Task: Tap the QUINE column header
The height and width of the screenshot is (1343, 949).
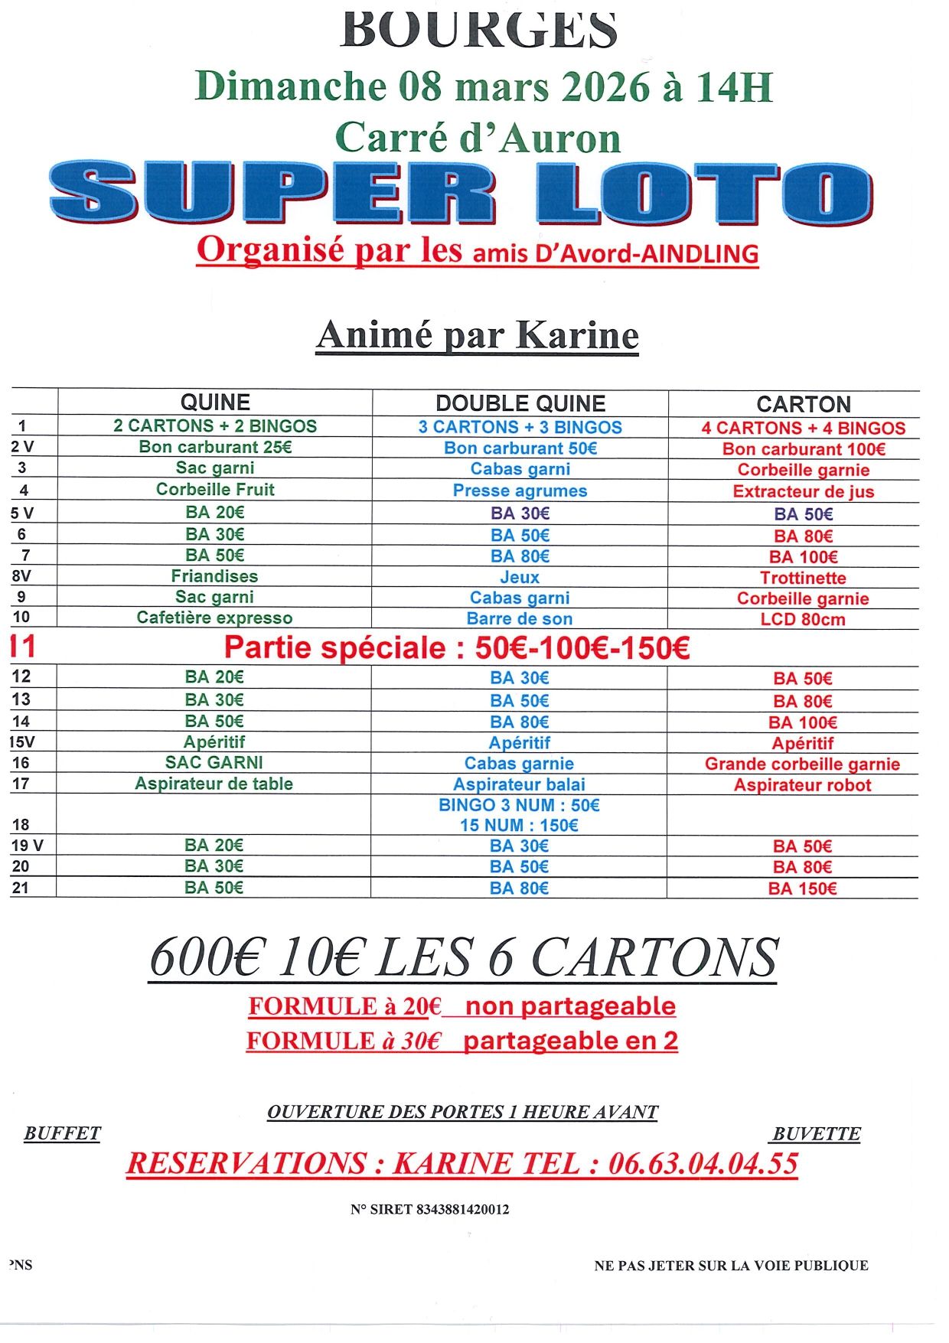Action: pos(215,403)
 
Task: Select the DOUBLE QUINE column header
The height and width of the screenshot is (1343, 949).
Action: pos(520,403)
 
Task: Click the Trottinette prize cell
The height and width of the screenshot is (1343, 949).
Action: pos(803,578)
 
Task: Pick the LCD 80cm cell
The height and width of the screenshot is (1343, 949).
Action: pos(803,619)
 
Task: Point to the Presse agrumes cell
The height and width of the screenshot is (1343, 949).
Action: pos(520,491)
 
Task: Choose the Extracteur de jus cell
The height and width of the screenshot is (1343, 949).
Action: pos(803,491)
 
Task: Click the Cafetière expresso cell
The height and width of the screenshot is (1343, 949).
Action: pos(215,618)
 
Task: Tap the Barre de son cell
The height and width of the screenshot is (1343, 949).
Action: pos(520,618)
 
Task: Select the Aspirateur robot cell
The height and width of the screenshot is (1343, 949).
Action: pos(802,784)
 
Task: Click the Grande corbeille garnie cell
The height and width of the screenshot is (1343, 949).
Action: pos(802,764)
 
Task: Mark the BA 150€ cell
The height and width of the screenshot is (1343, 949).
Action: pos(802,888)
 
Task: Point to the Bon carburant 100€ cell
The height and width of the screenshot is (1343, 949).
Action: pos(803,449)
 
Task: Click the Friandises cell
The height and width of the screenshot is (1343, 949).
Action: pos(215,576)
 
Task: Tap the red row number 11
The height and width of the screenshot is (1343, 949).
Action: pos(23,647)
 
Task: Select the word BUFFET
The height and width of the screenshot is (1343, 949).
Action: pos(62,1133)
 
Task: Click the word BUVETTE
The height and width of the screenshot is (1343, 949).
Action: pos(817,1134)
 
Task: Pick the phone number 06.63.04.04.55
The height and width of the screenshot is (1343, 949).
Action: pos(703,1163)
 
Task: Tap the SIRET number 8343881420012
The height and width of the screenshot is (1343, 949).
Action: pos(463,1209)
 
